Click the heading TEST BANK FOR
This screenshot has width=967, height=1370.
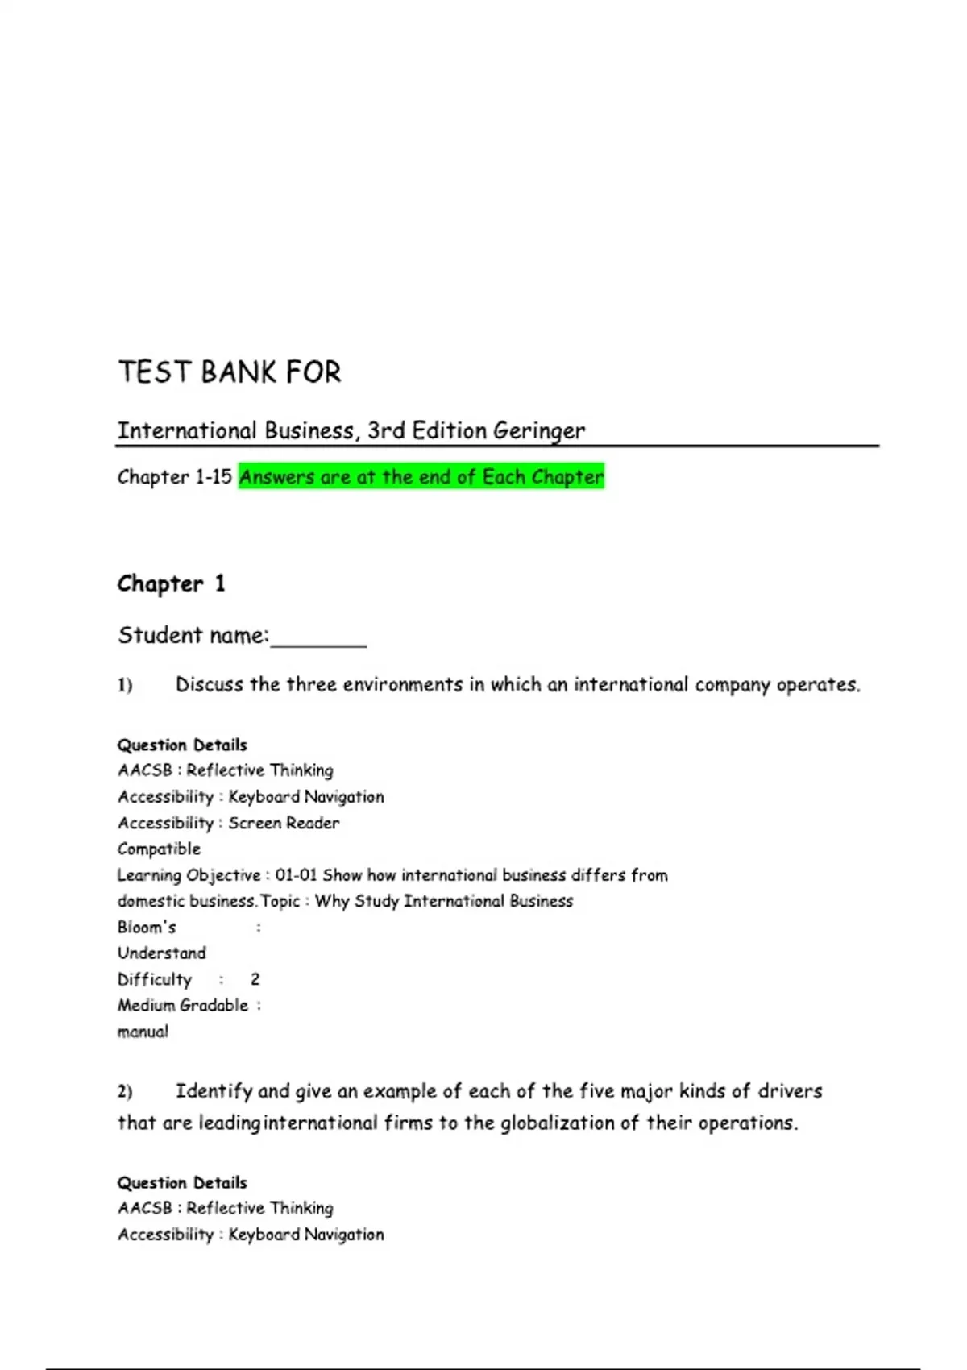tap(230, 372)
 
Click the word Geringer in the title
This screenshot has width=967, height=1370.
tap(539, 431)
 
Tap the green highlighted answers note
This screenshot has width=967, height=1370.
tap(421, 477)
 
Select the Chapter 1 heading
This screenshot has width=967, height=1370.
tap(171, 583)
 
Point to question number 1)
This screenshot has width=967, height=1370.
tap(125, 685)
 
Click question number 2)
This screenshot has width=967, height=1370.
tap(125, 1092)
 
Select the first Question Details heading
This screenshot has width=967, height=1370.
tap(182, 745)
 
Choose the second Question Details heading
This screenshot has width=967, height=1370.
tap(182, 1182)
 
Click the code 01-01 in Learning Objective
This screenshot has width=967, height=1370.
tap(296, 875)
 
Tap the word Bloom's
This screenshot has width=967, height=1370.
tap(147, 928)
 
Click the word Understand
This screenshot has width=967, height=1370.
tap(161, 953)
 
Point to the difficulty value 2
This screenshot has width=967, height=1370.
tap(255, 980)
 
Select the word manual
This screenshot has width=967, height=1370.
tap(143, 1032)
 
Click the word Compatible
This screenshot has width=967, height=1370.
tap(159, 849)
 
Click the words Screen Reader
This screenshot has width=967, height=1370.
tap(284, 823)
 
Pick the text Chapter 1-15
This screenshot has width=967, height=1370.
tap(174, 477)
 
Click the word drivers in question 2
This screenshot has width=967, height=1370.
tap(790, 1091)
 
